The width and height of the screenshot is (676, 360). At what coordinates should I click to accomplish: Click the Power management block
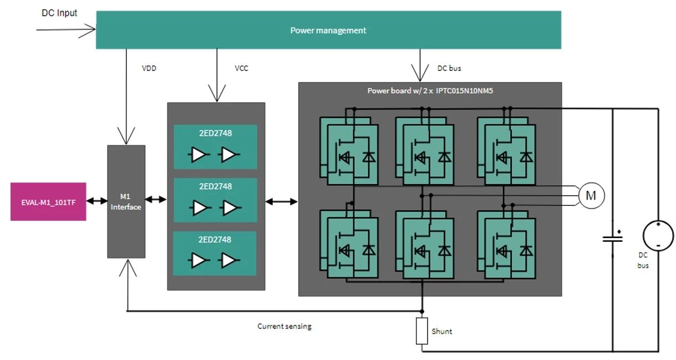[328, 30]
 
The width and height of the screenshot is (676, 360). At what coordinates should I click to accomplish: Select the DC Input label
[59, 13]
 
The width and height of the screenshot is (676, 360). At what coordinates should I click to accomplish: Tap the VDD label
[149, 69]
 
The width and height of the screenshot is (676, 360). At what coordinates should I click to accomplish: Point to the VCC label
[241, 69]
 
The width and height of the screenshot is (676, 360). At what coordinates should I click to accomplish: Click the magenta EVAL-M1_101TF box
[48, 201]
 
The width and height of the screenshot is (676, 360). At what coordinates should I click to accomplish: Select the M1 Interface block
[126, 201]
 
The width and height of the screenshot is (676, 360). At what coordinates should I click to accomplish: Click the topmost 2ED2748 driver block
[215, 146]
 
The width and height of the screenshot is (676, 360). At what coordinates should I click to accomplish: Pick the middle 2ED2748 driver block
[215, 200]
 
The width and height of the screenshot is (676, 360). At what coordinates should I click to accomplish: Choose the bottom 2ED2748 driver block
[215, 253]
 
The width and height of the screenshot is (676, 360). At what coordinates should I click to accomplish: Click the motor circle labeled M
[591, 195]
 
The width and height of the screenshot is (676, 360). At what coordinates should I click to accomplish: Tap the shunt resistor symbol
[422, 331]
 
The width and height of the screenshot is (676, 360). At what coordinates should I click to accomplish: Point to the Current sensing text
[284, 326]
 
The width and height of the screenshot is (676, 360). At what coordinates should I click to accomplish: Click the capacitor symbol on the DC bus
[613, 238]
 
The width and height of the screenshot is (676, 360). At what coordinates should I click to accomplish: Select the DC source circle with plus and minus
[658, 236]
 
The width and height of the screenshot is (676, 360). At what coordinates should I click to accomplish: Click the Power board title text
[430, 90]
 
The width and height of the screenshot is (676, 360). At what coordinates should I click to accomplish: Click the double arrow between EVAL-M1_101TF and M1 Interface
[96, 201]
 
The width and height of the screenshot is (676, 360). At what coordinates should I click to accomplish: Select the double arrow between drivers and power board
[281, 201]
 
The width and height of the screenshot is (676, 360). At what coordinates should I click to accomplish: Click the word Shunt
[442, 331]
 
